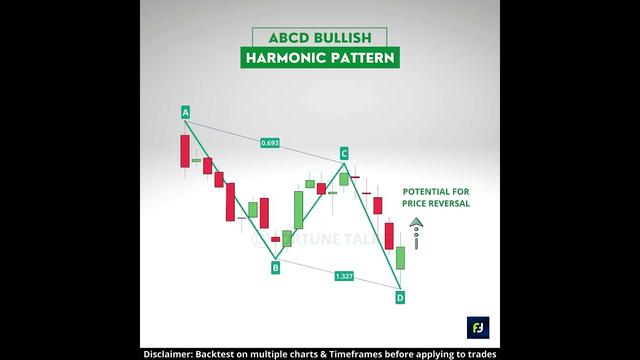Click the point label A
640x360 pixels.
pyautogui.click(x=185, y=113)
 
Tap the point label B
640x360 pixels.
pyautogui.click(x=276, y=267)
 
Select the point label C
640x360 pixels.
pyautogui.click(x=343, y=153)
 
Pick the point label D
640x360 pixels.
pyautogui.click(x=400, y=297)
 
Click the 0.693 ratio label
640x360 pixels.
pyautogui.click(x=269, y=143)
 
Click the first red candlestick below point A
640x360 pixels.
pyautogui.click(x=185, y=151)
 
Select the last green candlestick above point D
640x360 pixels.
pyautogui.click(x=400, y=257)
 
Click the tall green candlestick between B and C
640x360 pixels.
pyautogui.click(x=298, y=210)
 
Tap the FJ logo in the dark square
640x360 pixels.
pyautogui.click(x=477, y=327)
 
